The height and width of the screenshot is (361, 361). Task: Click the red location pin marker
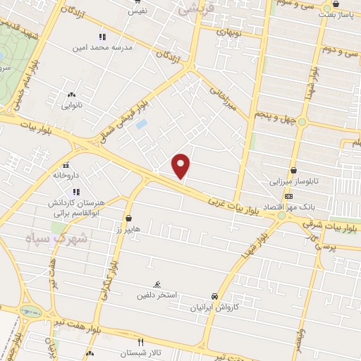tap(182, 166)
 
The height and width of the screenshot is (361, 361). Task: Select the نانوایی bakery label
tap(71, 106)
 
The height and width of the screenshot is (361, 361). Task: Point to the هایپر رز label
tap(128, 230)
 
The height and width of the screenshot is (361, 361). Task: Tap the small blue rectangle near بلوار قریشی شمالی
tap(142, 124)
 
